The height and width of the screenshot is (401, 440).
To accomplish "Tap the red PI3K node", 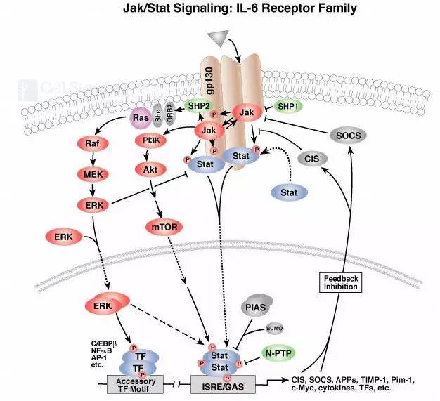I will pos(150,140).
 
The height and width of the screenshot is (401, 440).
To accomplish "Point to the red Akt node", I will pos(150,169).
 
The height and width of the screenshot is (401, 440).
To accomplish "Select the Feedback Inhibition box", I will pos(341,283).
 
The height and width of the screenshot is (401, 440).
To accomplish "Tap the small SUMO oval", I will pos(254,328).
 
